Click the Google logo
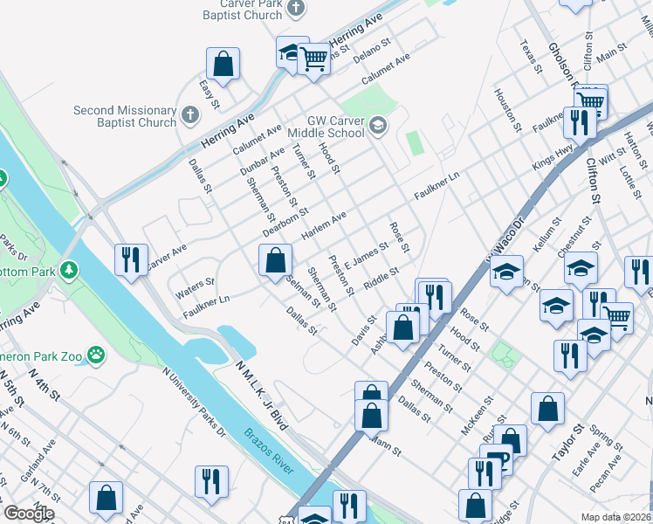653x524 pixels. coord(29,514)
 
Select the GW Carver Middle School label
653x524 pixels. coord(335,127)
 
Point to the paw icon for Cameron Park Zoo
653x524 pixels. coord(96,355)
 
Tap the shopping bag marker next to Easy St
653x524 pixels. coord(223,63)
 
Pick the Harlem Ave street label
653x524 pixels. coord(324,226)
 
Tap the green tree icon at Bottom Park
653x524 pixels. coord(66,271)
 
